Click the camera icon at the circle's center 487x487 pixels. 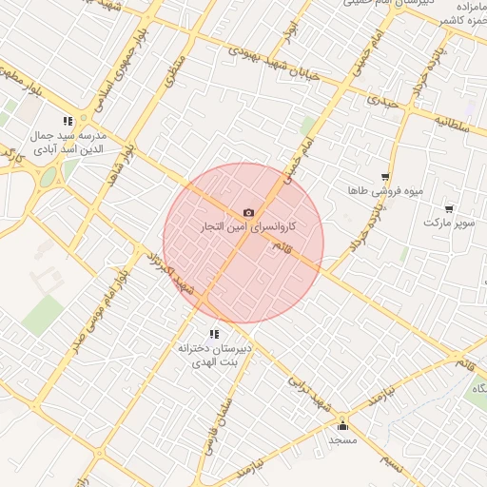coord(248,213)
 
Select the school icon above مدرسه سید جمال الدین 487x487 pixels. coord(67,121)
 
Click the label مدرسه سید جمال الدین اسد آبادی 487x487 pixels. coord(71,143)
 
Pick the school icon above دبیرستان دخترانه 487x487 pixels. coord(214,334)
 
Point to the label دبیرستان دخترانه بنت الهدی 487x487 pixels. coord(214,356)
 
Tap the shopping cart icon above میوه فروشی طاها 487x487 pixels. coord(384,176)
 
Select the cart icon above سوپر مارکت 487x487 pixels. coord(449,208)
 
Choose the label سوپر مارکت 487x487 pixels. coord(448,223)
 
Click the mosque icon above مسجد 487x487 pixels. coord(342,426)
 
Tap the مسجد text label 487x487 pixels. coord(342,440)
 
